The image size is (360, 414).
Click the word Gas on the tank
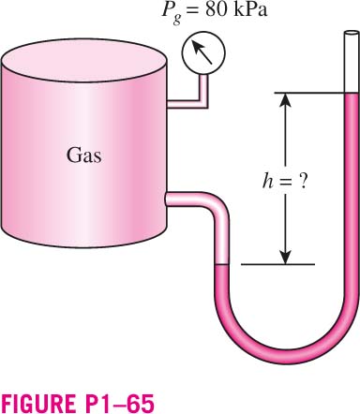pos(84,155)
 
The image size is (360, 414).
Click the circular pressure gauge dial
pos(203,52)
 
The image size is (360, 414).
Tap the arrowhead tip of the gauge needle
pos(193,42)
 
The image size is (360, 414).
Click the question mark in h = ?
pos(302,181)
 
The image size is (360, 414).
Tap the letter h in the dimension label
pos(267,181)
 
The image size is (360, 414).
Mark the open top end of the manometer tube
pos(352,34)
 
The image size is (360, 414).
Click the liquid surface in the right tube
pos(352,94)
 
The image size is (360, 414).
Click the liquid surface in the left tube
pos(221,265)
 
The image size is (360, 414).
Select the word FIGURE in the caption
pos(36,404)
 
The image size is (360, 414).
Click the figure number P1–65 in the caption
pos(114,404)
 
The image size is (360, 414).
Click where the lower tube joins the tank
pos(167,200)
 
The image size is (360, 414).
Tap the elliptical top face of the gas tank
pos(83,60)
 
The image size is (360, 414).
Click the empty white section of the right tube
pos(352,64)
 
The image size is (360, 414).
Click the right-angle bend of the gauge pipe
pos(203,104)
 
